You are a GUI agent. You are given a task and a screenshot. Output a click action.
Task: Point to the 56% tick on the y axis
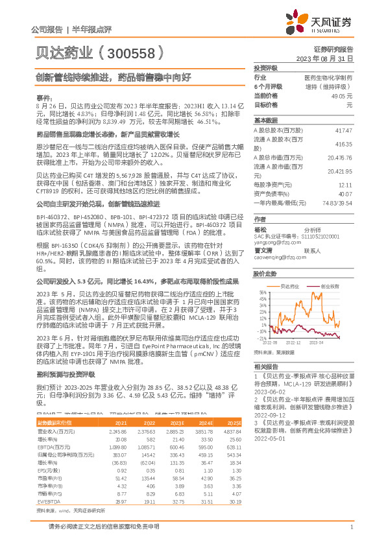tap(262, 292)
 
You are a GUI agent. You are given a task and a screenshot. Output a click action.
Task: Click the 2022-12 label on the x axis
tap(293, 341)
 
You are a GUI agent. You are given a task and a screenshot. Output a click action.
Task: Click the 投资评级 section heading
tap(265, 67)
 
